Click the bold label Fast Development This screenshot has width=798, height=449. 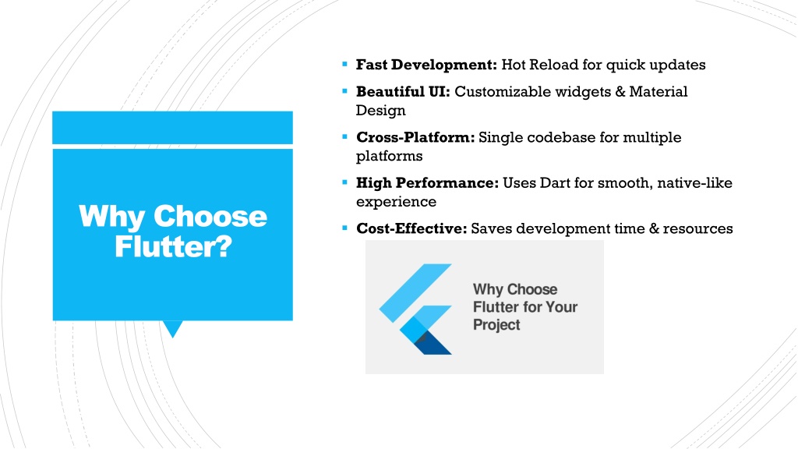(x=426, y=65)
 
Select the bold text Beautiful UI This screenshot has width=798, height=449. (x=403, y=92)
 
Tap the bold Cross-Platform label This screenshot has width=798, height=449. (x=415, y=137)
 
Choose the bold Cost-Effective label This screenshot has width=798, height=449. (x=411, y=228)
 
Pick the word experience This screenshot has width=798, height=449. (x=396, y=202)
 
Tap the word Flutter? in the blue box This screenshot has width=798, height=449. (x=173, y=246)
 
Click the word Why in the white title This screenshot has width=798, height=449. (x=111, y=217)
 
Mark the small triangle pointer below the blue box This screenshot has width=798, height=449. (x=173, y=328)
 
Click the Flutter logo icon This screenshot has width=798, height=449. (x=415, y=309)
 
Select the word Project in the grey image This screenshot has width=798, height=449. (x=496, y=325)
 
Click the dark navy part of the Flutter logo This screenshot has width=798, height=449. (x=433, y=344)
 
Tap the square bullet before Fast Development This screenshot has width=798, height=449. (x=345, y=64)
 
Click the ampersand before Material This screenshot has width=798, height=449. (x=620, y=92)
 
